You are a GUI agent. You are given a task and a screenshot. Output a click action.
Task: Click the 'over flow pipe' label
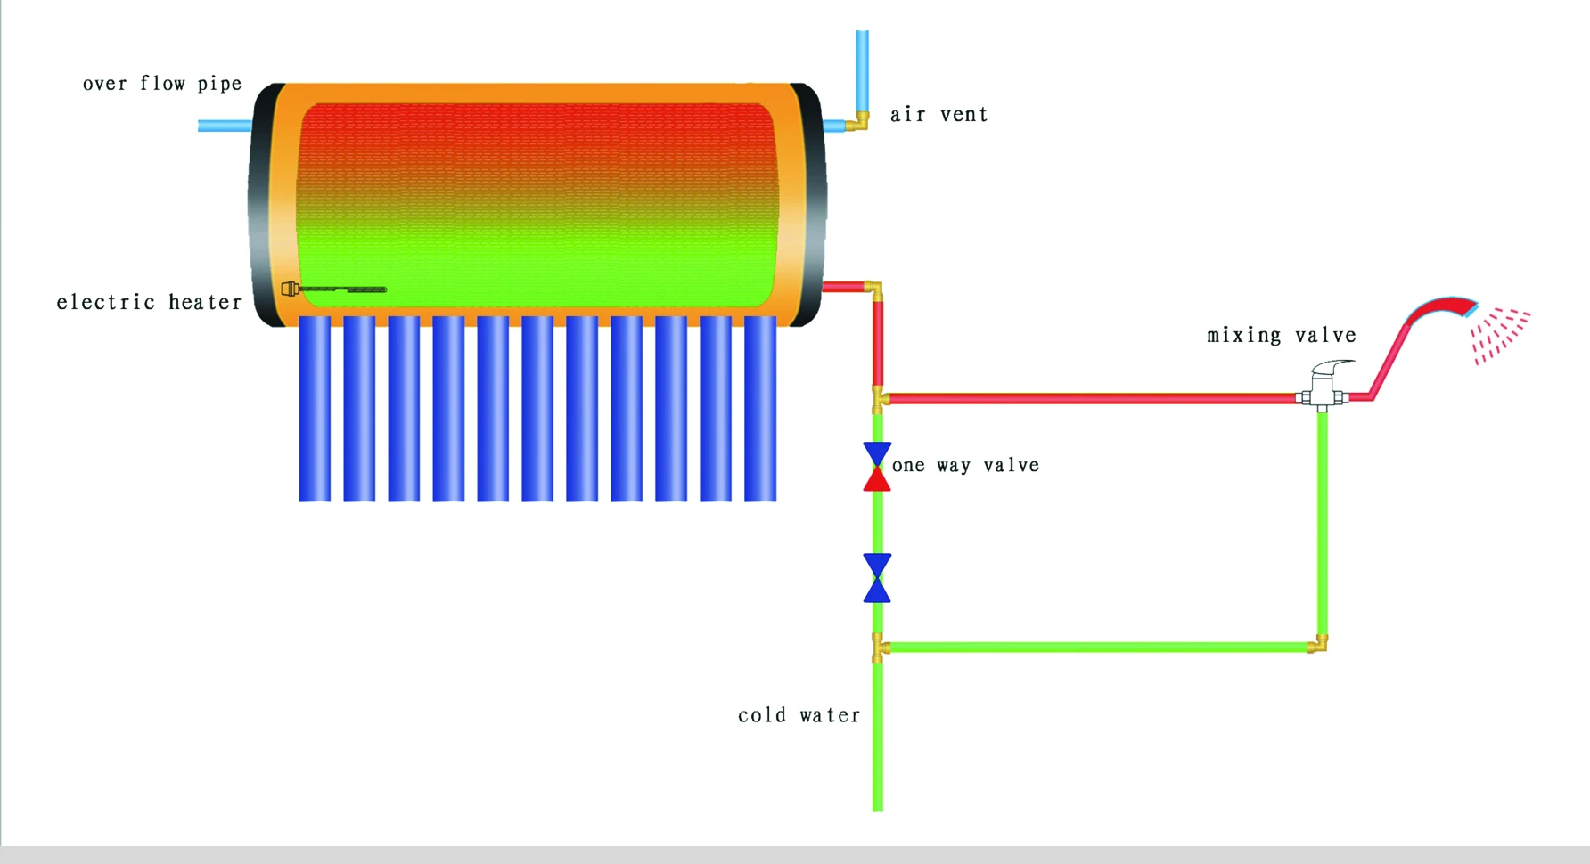[x=162, y=84]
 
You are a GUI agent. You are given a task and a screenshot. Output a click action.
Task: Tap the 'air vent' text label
[x=938, y=115]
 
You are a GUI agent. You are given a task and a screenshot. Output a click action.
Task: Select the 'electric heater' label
[x=149, y=303]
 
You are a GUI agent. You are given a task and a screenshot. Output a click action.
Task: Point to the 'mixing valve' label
[x=1281, y=336]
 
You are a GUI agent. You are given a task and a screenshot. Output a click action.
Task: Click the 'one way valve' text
[x=965, y=466]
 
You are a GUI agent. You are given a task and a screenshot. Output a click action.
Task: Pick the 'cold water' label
[x=799, y=715]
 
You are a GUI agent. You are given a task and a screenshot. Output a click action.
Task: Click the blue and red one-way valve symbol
[x=877, y=467]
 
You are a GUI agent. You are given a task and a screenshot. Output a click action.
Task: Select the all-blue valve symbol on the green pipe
[x=877, y=578]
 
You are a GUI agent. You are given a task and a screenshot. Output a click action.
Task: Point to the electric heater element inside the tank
[x=334, y=289]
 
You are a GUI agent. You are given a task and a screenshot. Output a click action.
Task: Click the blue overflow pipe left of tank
[x=224, y=126]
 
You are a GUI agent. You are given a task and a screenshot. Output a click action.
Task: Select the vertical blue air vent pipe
[x=862, y=71]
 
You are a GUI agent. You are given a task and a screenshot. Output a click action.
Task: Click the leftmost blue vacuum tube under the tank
[x=315, y=409]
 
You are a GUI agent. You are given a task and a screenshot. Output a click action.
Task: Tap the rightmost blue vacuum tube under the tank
[x=760, y=409]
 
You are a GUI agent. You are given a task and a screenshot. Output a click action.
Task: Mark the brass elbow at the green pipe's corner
[x=1319, y=644]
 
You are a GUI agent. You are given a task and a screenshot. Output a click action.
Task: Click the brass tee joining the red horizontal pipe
[x=879, y=399]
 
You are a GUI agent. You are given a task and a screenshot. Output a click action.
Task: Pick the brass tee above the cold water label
[x=879, y=648]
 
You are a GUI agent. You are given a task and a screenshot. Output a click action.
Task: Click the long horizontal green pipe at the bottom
[x=1096, y=648]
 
